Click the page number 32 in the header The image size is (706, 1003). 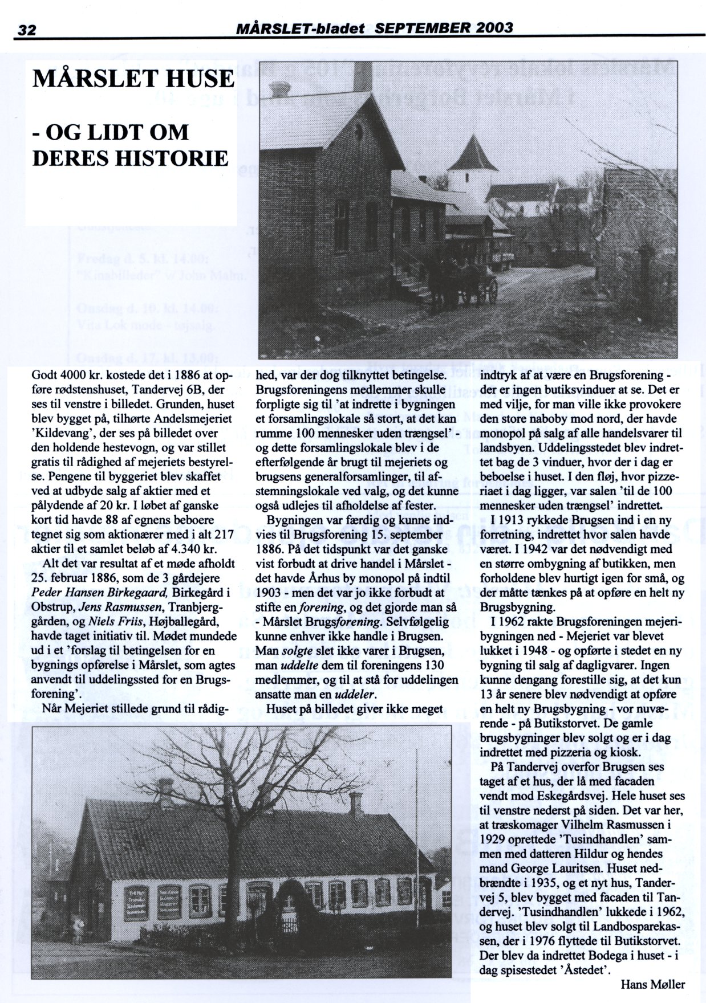pyautogui.click(x=26, y=30)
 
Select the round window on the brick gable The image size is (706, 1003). pyautogui.click(x=359, y=133)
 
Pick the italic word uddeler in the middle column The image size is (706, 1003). pyautogui.click(x=350, y=695)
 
